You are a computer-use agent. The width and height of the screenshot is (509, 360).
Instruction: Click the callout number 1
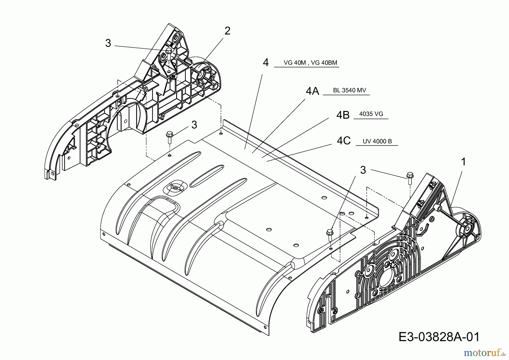463,162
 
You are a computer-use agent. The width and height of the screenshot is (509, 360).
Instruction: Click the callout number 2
227,31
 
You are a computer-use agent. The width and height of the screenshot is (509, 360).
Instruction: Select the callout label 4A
312,91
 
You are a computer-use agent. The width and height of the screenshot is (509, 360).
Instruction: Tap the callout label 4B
343,115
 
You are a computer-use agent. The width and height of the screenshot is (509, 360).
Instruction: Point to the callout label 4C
344,141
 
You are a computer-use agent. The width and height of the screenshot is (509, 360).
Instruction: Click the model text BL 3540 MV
350,90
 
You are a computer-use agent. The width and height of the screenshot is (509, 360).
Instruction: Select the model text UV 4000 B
377,141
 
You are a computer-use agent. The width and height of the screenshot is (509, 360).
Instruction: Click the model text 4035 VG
371,114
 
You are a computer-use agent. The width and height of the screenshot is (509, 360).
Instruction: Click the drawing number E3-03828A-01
439,337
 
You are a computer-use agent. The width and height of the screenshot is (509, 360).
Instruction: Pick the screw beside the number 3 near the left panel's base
170,136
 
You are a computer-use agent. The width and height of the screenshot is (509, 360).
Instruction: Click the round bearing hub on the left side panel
202,74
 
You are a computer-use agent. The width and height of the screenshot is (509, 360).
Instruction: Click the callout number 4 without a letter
266,62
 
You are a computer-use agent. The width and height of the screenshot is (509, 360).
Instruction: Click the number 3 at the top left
108,43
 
